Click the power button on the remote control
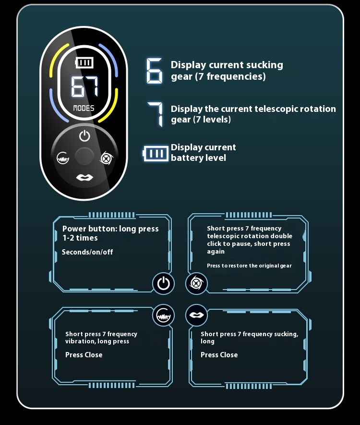pyautogui.click(x=84, y=136)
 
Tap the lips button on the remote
pyautogui.click(x=84, y=178)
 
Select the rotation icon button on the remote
pyautogui.click(x=106, y=158)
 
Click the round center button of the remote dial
pyautogui.click(x=84, y=157)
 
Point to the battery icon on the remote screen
pyautogui.click(x=84, y=62)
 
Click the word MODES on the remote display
pyautogui.click(x=84, y=109)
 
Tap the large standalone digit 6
pyautogui.click(x=154, y=71)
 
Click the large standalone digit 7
pyautogui.click(x=156, y=114)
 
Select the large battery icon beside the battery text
pyautogui.click(x=156, y=153)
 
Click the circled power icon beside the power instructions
pyautogui.click(x=163, y=283)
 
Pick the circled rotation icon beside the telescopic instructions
pyautogui.click(x=196, y=283)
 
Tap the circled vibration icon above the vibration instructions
pyautogui.click(x=163, y=315)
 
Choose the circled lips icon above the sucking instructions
pyautogui.click(x=196, y=315)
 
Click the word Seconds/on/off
pyautogui.click(x=87, y=252)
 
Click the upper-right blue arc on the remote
pyautogui.click(x=110, y=60)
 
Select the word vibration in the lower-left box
pyautogui.click(x=80, y=341)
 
